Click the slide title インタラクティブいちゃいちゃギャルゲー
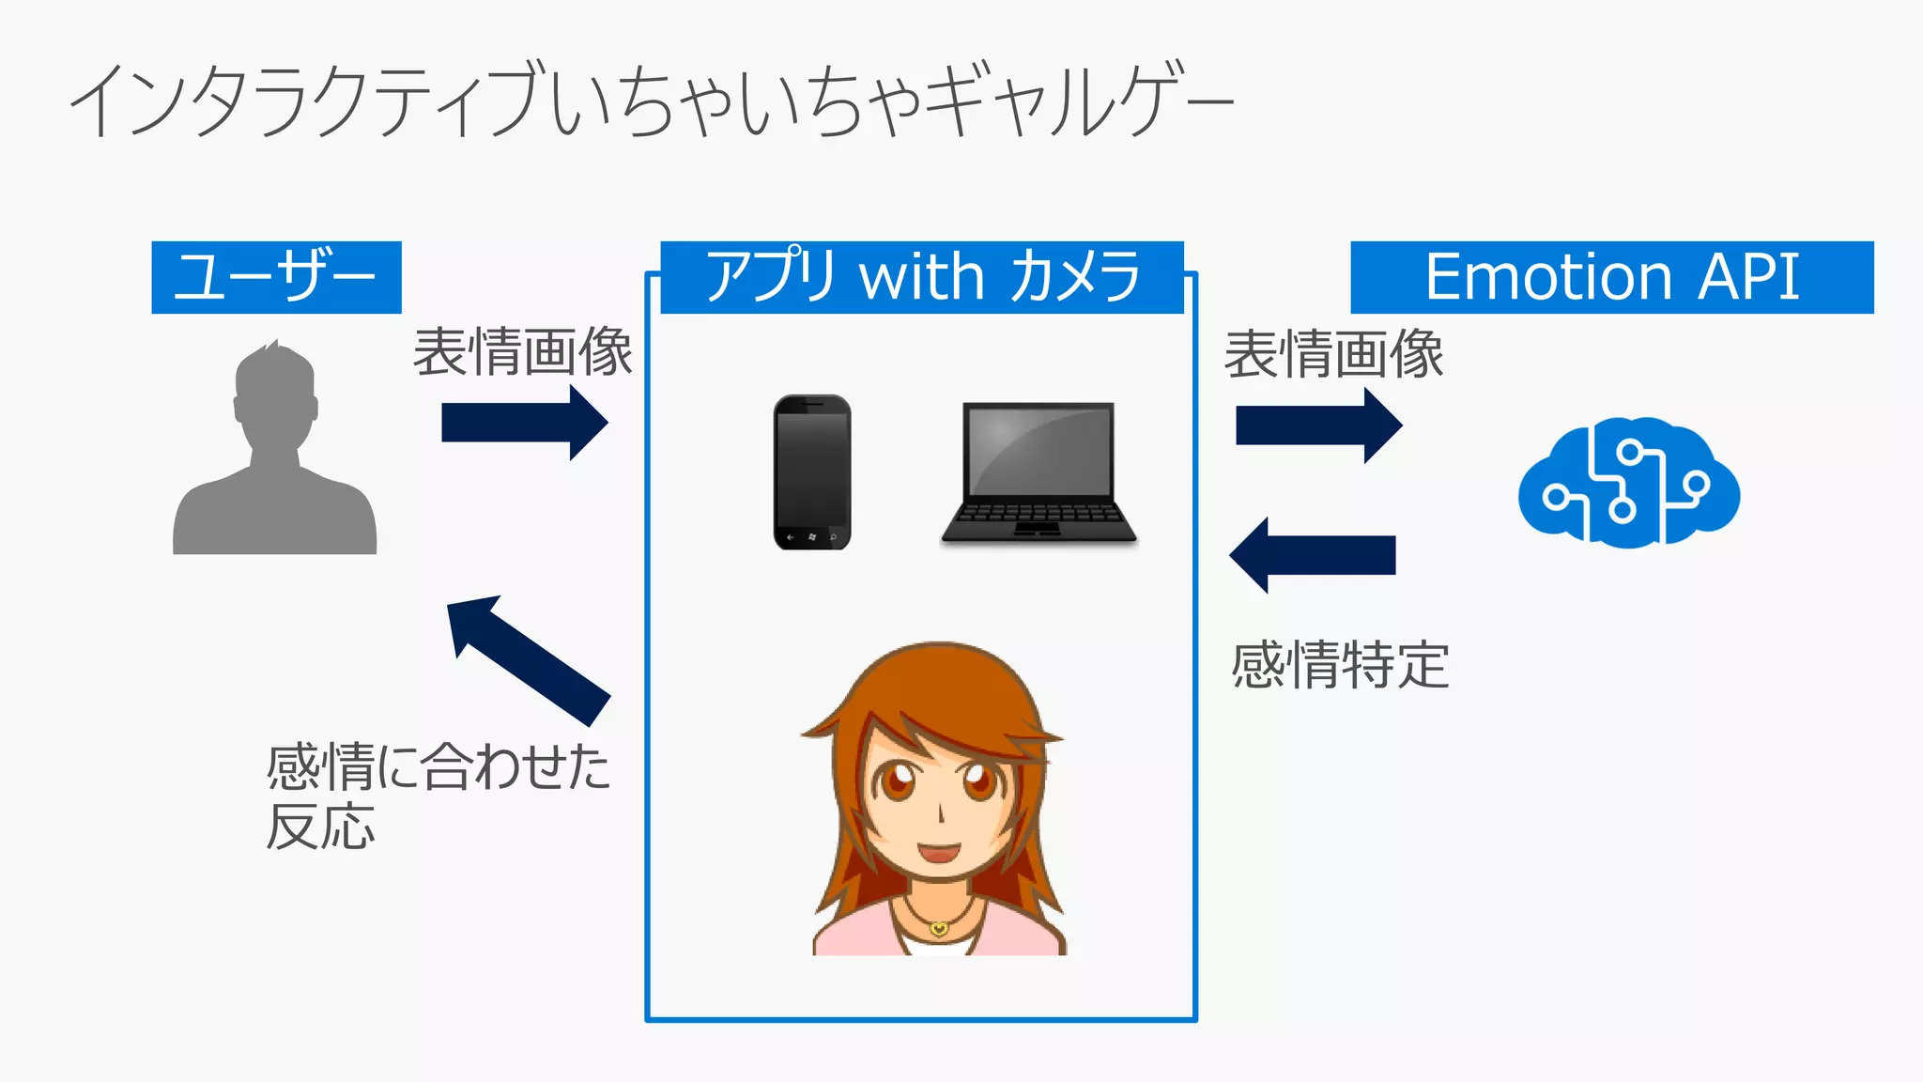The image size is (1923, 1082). coord(652,101)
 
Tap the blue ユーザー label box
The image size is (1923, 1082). coord(276,277)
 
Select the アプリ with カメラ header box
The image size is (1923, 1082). coord(921,277)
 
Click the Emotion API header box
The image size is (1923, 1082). coord(1611,277)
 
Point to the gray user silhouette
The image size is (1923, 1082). coord(275,451)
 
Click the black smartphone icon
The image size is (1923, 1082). coord(812,471)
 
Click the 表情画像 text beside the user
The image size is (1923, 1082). coord(523,352)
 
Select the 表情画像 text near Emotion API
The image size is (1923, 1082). coord(1333,355)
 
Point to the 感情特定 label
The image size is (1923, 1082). coord(1340,665)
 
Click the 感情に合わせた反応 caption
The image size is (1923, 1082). coord(438,795)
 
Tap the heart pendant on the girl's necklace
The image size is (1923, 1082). coord(939,928)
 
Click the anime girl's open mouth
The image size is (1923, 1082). coord(938,854)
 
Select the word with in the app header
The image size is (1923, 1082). coord(921,277)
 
